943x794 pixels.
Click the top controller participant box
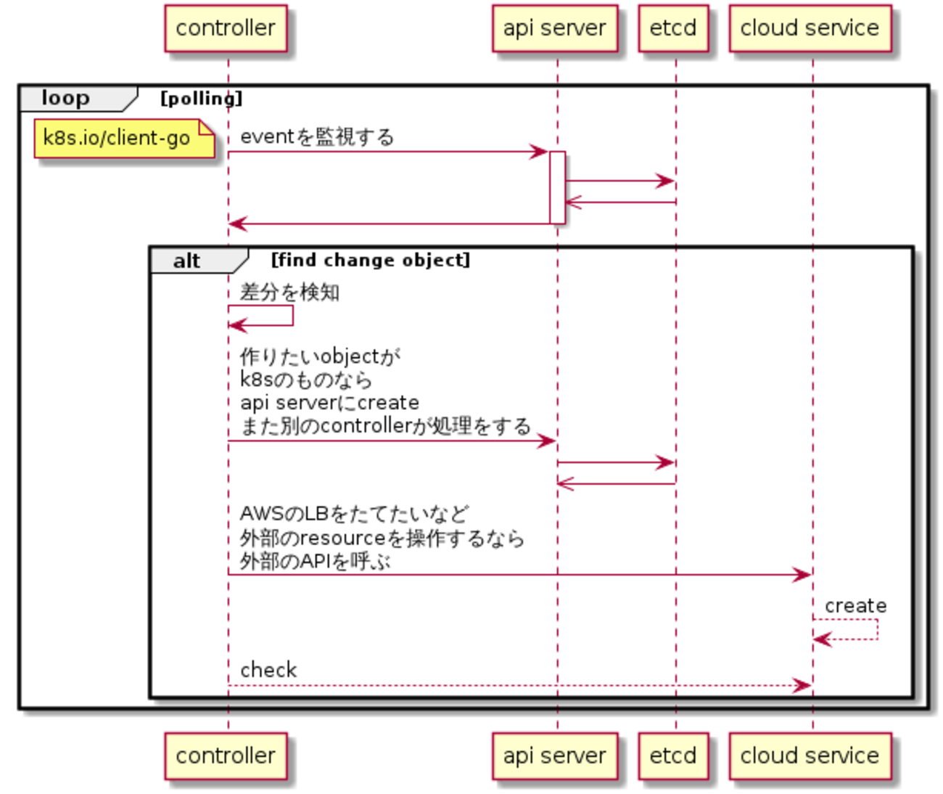click(x=226, y=28)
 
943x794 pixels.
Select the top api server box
click(x=554, y=28)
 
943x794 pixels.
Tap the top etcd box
click(x=672, y=28)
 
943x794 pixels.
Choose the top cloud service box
click(x=810, y=28)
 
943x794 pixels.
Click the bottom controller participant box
click(x=226, y=756)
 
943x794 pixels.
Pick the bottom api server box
click(x=554, y=756)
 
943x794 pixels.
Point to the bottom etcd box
click(x=672, y=756)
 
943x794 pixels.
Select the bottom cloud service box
click(x=810, y=756)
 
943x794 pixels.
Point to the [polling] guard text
click(x=201, y=99)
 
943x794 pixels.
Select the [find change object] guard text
click(x=370, y=260)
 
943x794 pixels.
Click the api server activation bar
click(x=557, y=187)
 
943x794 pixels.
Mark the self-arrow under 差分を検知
click(x=276, y=316)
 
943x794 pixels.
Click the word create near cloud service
click(x=855, y=605)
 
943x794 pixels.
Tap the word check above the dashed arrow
click(x=268, y=670)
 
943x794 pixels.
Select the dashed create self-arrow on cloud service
click(x=863, y=630)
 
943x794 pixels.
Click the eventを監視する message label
click(x=317, y=136)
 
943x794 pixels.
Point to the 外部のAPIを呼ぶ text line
click(x=315, y=561)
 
